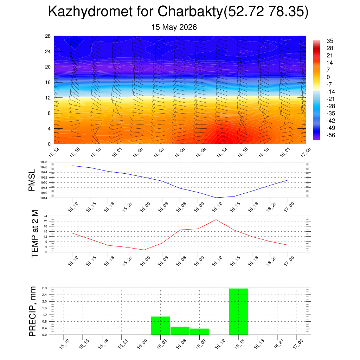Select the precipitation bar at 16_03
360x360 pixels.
click(x=160, y=326)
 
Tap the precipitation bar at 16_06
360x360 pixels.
click(x=180, y=330)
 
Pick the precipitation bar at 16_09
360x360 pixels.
click(x=200, y=332)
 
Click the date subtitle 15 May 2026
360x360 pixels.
click(x=174, y=27)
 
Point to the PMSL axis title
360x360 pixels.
click(x=32, y=180)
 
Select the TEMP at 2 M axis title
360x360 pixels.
click(x=34, y=234)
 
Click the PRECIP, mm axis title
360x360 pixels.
click(x=33, y=311)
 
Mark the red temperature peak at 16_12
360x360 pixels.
click(x=216, y=220)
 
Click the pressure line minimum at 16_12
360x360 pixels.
click(x=216, y=198)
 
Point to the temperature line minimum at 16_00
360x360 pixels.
click(x=144, y=250)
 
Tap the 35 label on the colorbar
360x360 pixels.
click(x=330, y=41)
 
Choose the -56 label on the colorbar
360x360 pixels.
click(x=331, y=135)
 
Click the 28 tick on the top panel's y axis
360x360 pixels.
click(x=48, y=36)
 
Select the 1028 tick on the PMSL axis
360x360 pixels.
click(x=44, y=162)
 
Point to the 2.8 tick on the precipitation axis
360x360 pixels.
click(x=45, y=288)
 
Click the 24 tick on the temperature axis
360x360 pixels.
click(x=45, y=216)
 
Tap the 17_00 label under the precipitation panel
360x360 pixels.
click(x=298, y=344)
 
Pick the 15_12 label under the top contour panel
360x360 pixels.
click(x=54, y=152)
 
